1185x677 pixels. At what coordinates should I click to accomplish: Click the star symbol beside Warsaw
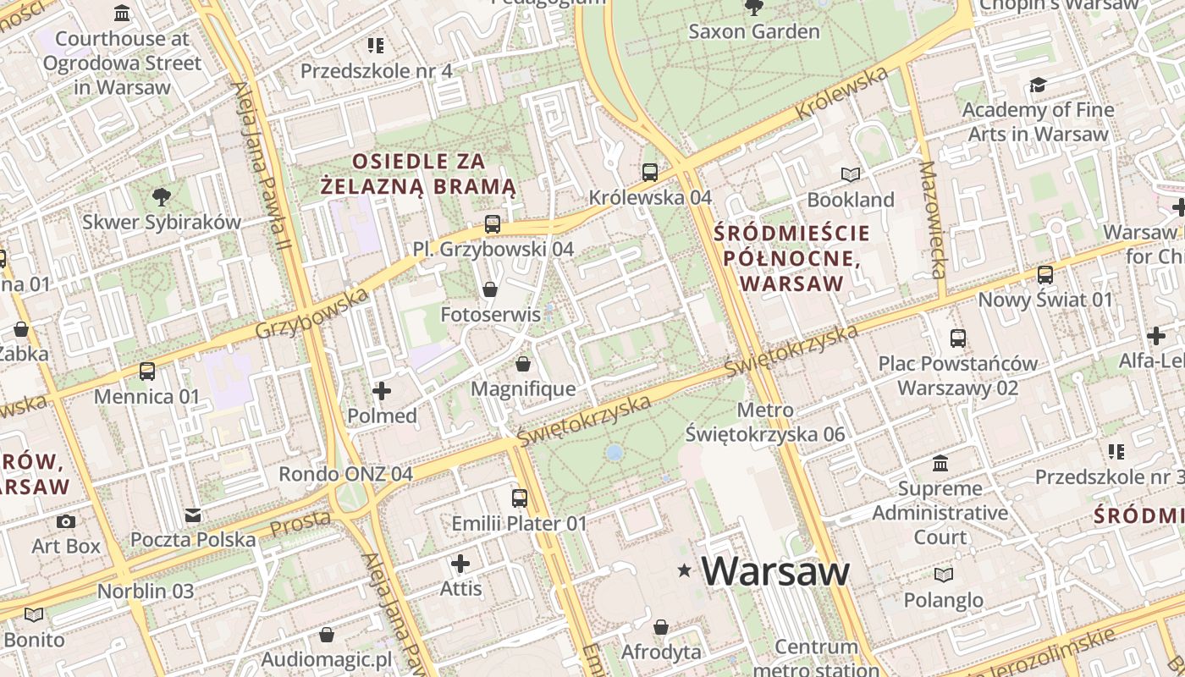[x=684, y=571]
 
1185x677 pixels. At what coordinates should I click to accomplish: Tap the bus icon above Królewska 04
[x=650, y=172]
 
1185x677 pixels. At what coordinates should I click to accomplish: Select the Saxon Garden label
[x=753, y=31]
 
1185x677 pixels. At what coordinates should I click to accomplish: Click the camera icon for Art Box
[x=66, y=521]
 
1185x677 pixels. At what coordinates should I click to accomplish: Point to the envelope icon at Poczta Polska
[x=193, y=515]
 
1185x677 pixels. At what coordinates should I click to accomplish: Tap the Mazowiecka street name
[x=933, y=220]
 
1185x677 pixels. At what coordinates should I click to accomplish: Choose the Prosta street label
[x=300, y=523]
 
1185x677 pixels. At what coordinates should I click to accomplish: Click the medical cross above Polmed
[x=382, y=390]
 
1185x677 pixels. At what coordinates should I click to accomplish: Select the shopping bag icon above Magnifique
[x=523, y=364]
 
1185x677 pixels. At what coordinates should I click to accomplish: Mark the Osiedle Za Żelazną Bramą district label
[x=418, y=173]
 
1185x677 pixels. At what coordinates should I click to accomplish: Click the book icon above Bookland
[x=851, y=174]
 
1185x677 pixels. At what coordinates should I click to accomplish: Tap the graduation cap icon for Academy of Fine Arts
[x=1038, y=85]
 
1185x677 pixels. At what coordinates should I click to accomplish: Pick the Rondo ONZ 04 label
[x=345, y=474]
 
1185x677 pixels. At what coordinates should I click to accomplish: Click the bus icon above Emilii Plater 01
[x=519, y=498]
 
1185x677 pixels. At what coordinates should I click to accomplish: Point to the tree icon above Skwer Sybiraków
[x=161, y=197]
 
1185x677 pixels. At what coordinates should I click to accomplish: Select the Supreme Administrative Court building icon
[x=940, y=464]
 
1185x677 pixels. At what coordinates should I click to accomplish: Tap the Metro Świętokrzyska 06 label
[x=765, y=422]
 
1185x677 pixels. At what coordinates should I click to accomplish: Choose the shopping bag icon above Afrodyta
[x=661, y=627]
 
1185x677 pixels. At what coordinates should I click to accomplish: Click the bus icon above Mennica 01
[x=147, y=372]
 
